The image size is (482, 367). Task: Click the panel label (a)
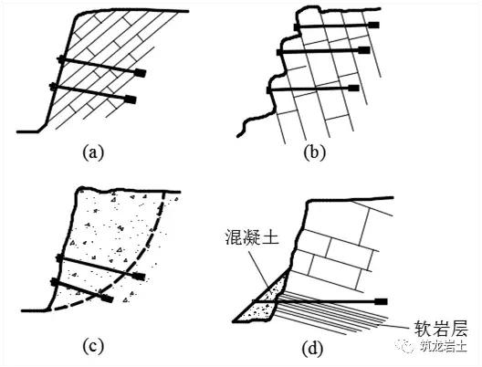point(93,152)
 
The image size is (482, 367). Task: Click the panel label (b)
point(314,152)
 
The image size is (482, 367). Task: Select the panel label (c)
point(93,347)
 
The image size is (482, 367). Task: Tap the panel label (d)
point(313,350)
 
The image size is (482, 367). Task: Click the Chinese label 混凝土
point(252,237)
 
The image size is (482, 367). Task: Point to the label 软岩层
point(441,329)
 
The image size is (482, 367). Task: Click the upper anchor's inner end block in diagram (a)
point(141,73)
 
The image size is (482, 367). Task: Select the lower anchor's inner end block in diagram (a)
point(131,100)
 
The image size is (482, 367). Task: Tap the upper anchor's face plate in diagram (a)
point(61,59)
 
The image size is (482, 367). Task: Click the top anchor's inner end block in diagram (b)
point(373,25)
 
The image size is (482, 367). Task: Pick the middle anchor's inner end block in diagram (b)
point(364,50)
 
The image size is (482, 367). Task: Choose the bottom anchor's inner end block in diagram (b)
point(353,89)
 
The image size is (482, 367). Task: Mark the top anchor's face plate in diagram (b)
point(297,27)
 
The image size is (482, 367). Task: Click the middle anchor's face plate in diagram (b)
point(279,52)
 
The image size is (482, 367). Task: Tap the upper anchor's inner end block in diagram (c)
point(139,276)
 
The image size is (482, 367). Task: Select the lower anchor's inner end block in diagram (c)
point(107,299)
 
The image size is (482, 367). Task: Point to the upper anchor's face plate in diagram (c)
point(59,258)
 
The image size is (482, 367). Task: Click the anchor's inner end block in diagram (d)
point(381,301)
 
